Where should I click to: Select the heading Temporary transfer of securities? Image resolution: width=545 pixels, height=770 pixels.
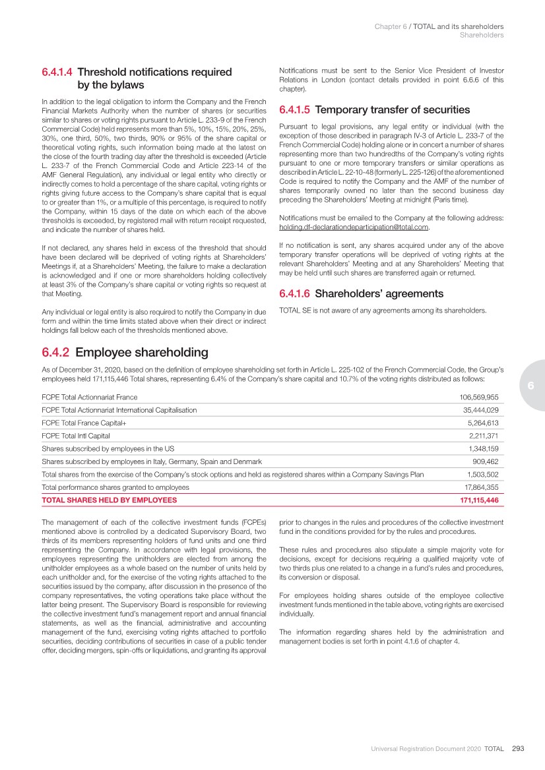[393, 110]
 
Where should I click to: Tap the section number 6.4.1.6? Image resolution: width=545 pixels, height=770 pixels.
[295, 293]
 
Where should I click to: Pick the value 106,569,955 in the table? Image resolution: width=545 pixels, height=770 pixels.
[478, 397]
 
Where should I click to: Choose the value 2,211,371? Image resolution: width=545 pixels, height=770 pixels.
[483, 436]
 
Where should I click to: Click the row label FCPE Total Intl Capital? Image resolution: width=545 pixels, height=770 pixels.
[75, 436]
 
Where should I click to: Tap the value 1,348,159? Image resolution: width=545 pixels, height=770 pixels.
[483, 448]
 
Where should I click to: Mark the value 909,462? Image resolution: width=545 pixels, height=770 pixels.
[485, 461]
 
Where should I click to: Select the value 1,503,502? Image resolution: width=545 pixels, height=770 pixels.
[483, 474]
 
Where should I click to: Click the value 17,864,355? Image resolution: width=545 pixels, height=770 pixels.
[480, 487]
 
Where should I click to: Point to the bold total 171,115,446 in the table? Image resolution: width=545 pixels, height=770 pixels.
[478, 500]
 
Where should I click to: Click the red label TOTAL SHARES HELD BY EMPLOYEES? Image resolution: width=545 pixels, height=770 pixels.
[109, 500]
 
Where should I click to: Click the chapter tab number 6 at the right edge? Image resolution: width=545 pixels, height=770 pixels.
[529, 386]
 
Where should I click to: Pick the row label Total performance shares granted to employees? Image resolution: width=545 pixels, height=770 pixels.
[115, 487]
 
